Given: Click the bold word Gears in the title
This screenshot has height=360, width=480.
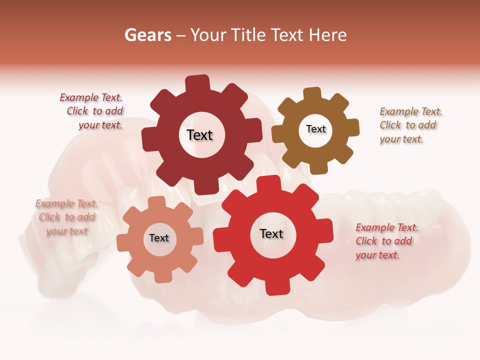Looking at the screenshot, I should (148, 35).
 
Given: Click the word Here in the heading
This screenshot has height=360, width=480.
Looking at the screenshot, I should (328, 35).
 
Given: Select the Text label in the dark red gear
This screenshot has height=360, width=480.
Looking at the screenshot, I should (199, 135).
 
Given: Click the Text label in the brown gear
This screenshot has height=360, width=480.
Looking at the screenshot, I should (315, 129).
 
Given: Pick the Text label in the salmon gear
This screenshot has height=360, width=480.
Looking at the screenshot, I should (159, 238).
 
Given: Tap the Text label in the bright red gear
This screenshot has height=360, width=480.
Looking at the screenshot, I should (271, 233).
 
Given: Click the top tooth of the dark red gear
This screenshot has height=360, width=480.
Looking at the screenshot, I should (197, 83).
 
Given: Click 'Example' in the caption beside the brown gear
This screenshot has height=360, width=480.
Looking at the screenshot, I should (399, 111).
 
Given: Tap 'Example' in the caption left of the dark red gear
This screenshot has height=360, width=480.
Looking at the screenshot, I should (79, 98).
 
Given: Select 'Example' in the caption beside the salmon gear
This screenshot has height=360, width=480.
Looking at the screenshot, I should (54, 203).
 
